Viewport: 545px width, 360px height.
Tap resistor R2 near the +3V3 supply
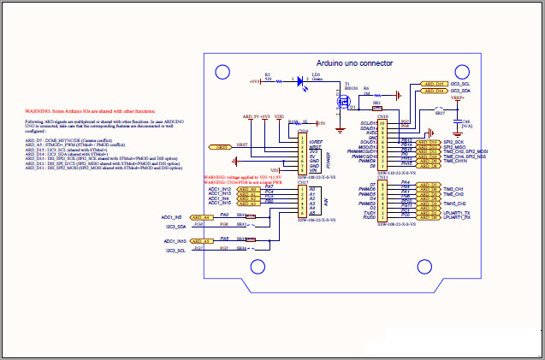[268, 81]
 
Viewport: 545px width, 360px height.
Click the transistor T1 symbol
[347, 102]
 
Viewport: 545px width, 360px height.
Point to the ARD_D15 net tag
[434, 85]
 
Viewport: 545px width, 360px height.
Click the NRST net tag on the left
[222, 147]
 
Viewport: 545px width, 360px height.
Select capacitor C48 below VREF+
[465, 127]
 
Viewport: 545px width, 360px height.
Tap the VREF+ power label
[458, 97]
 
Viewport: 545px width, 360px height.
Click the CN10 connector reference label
[382, 116]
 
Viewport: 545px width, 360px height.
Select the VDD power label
[279, 115]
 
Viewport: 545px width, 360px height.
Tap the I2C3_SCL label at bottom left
[175, 251]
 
